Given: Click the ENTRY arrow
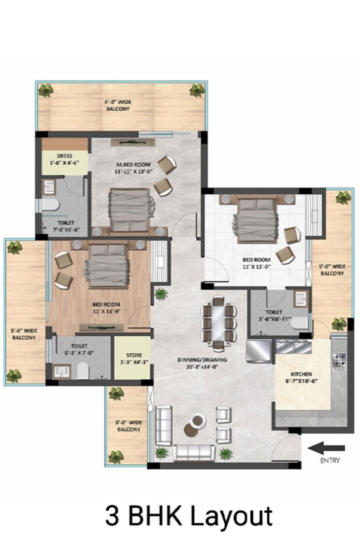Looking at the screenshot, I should [327, 448].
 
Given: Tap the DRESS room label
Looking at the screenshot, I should [64, 159].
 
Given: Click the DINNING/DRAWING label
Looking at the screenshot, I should [202, 363].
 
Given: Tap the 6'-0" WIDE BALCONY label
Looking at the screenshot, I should [118, 105].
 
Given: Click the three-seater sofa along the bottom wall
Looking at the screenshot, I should [194, 453].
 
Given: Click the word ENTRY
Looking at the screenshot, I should [330, 460].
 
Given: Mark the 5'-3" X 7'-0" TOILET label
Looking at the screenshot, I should [79, 349].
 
